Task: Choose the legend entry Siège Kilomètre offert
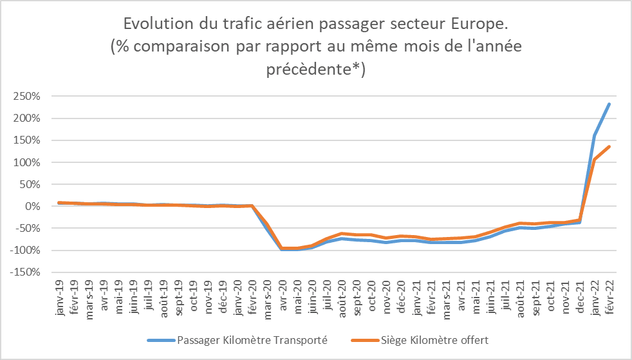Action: coord(431,339)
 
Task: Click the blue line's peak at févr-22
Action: coord(609,104)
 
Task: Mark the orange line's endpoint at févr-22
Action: coord(609,147)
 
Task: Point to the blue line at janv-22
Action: coord(594,136)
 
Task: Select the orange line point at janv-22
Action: coord(594,160)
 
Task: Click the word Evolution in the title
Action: coord(155,24)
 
